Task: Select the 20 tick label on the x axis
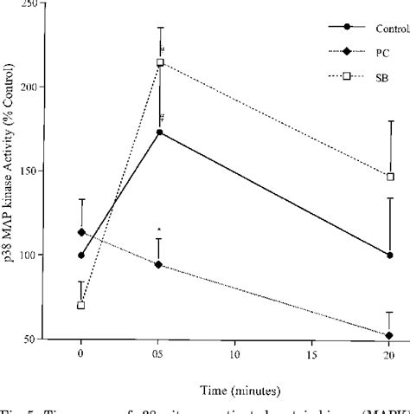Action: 390,354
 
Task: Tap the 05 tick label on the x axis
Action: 159,354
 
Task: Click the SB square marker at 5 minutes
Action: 159,62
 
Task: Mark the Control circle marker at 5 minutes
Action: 159,133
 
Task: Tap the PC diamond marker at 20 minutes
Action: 390,335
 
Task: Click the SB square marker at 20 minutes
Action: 390,177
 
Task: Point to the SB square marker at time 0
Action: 81,306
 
